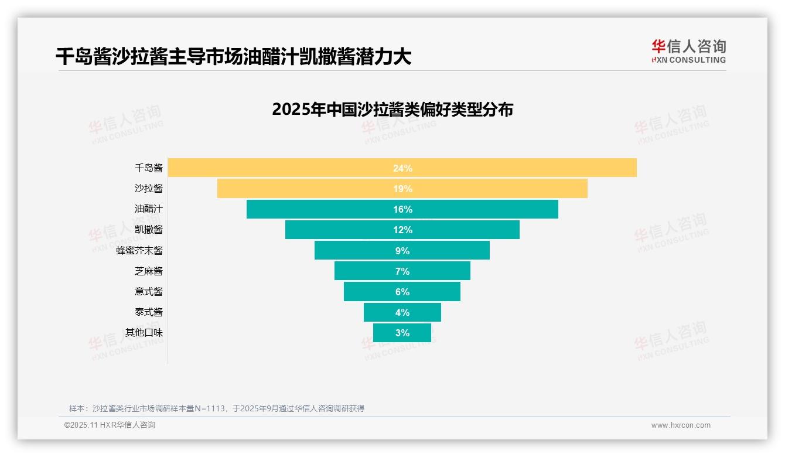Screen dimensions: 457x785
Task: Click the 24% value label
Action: click(x=402, y=168)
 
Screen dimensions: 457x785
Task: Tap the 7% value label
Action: click(x=402, y=271)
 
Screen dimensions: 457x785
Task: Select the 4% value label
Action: click(x=402, y=312)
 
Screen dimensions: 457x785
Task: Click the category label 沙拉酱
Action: click(x=149, y=189)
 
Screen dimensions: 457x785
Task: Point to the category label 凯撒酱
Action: click(x=149, y=230)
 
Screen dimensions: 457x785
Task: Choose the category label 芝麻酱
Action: click(x=149, y=271)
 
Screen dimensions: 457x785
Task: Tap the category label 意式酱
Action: click(x=149, y=292)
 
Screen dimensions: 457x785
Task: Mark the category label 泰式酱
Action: click(x=149, y=312)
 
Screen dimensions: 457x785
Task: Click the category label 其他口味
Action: click(x=144, y=333)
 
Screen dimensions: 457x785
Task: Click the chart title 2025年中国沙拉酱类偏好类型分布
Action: click(x=392, y=110)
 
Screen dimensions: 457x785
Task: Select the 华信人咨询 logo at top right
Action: click(x=688, y=51)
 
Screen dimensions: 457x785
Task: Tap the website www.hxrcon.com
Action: click(x=681, y=425)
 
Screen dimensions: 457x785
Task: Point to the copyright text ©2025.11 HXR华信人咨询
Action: click(x=110, y=425)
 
